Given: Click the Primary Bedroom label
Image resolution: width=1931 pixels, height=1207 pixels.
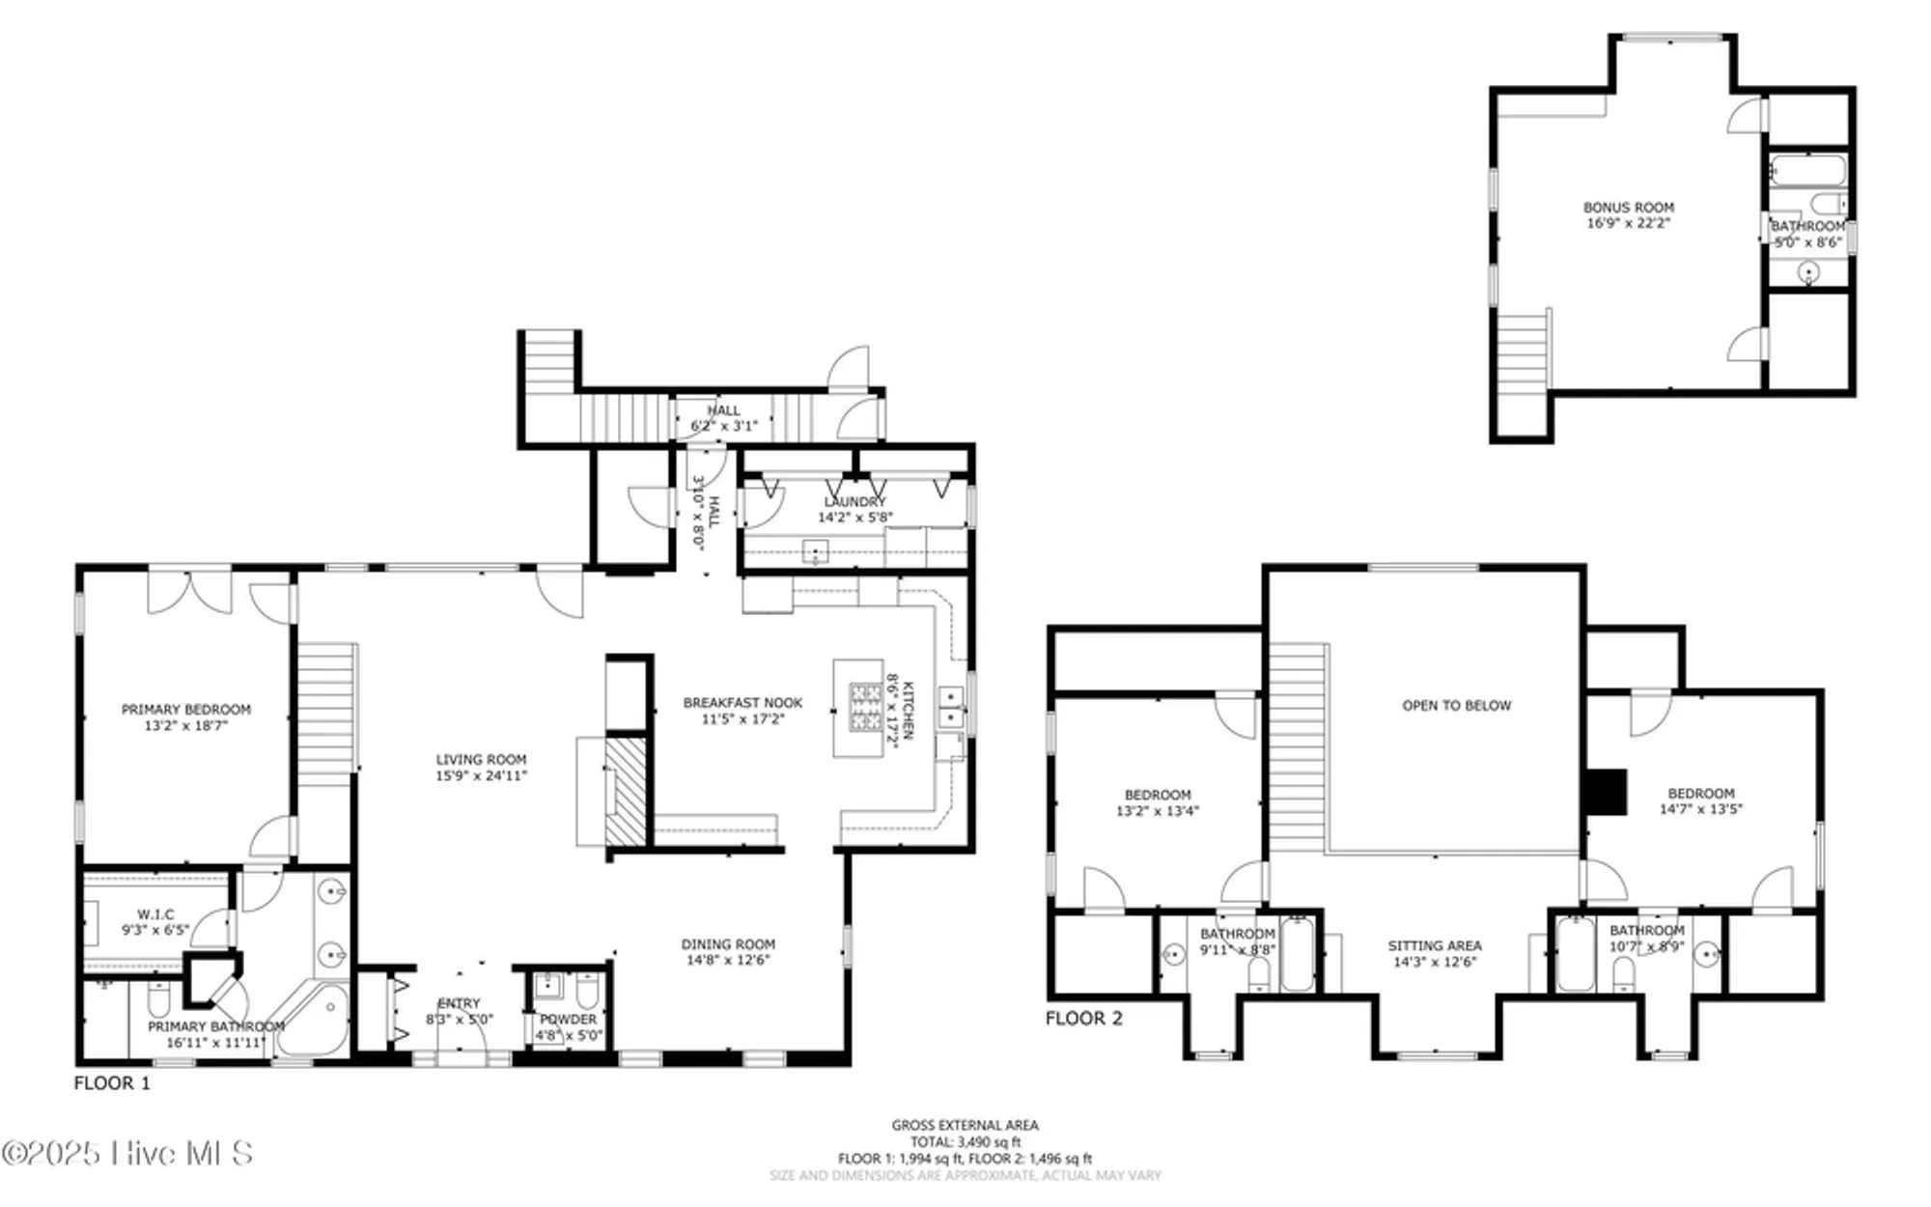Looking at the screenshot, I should [185, 710].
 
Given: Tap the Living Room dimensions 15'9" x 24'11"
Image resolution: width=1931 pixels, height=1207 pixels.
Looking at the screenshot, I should [481, 775].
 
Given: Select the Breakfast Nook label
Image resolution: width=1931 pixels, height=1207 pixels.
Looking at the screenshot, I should [742, 703].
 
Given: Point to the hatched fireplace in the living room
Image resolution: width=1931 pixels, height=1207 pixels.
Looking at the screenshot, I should [626, 792].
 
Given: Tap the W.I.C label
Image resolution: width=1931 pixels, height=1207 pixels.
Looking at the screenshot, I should [155, 914].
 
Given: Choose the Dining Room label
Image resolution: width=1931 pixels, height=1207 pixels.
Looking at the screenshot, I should [728, 944].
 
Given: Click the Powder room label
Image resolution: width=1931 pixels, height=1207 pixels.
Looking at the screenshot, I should [568, 1020].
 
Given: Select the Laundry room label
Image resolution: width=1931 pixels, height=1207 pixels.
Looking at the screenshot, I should [854, 502].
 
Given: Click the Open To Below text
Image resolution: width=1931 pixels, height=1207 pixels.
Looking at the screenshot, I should [1456, 706].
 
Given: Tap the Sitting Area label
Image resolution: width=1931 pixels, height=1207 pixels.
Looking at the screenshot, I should [1435, 946].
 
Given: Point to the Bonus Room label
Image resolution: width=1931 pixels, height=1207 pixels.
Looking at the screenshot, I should [1628, 208].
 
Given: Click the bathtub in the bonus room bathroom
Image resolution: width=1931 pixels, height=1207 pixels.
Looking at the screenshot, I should [1807, 172].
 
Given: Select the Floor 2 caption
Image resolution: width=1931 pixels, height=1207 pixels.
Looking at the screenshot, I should [1084, 1019].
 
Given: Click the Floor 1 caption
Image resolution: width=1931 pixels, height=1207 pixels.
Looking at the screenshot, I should [112, 1083].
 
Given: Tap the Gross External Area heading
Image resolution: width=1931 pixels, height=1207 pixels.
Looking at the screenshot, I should [965, 1125].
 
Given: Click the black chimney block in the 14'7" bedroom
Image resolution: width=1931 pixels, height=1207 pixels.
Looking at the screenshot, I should [1606, 792].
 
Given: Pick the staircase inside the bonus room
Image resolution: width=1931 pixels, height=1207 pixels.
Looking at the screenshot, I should [1524, 352].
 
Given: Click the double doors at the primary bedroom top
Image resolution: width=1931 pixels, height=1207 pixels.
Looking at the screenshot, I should [189, 591].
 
